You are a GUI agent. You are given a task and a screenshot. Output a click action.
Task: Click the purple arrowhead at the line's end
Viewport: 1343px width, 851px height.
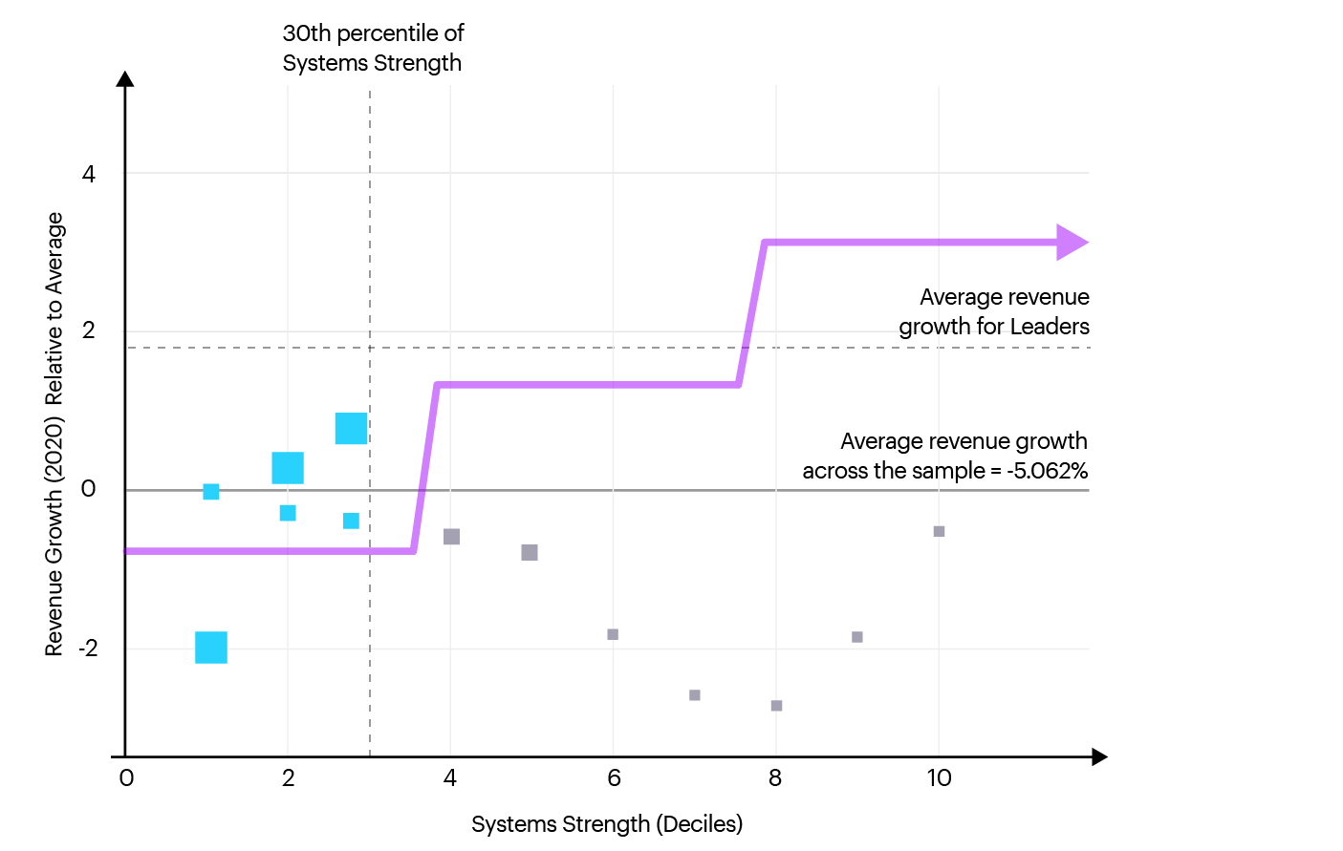pyautogui.click(x=1072, y=243)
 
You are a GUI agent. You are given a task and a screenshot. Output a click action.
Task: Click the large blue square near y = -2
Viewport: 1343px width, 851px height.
pyautogui.click(x=211, y=648)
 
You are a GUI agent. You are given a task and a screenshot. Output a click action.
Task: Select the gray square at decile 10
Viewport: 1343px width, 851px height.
pyautogui.click(x=939, y=531)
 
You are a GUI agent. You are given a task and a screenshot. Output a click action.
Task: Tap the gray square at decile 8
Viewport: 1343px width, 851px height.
pyautogui.click(x=776, y=706)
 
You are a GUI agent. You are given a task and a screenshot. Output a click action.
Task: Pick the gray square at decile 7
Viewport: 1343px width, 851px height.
pyautogui.click(x=695, y=695)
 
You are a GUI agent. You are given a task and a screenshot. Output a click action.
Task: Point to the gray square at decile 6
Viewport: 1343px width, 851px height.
pyautogui.click(x=613, y=634)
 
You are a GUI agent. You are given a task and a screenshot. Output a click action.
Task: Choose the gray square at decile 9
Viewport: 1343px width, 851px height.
pyautogui.click(x=857, y=637)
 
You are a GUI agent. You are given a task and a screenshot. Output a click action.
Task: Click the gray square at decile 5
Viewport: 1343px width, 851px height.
pyautogui.click(x=530, y=553)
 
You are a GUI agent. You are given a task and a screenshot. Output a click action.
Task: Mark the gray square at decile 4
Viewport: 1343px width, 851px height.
pyautogui.click(x=452, y=537)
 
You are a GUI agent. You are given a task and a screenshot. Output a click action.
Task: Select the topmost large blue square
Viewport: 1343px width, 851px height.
pyautogui.click(x=351, y=429)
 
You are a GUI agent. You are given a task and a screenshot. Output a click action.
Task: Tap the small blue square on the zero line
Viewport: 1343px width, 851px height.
pyautogui.click(x=211, y=492)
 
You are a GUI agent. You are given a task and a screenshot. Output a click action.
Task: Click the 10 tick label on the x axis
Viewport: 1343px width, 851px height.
pyautogui.click(x=939, y=778)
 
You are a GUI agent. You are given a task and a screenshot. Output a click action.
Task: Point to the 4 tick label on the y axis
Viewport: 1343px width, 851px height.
pyautogui.click(x=89, y=174)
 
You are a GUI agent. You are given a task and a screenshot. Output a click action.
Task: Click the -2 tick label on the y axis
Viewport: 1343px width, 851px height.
pyautogui.click(x=87, y=649)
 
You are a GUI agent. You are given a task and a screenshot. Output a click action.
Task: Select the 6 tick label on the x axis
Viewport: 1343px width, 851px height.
pyautogui.click(x=614, y=778)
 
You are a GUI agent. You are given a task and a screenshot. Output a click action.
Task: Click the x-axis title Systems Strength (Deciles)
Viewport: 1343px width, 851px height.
pyautogui.click(x=607, y=824)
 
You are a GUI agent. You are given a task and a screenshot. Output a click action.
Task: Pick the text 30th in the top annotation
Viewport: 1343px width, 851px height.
pyautogui.click(x=307, y=33)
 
